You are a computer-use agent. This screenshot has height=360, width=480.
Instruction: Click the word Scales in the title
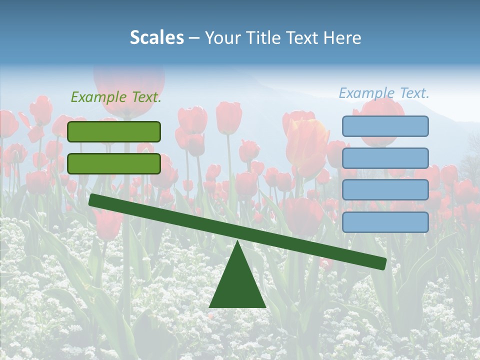click(156, 38)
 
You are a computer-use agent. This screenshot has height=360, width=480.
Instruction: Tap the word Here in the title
click(342, 38)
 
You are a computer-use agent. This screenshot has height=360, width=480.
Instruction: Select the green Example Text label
click(116, 97)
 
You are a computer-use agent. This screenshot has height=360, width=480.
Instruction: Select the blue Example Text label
click(384, 93)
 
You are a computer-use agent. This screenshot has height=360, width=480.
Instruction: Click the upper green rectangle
click(114, 131)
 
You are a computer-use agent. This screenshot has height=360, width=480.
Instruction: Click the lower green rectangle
click(114, 163)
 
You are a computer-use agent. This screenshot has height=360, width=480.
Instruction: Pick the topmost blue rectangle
click(385, 126)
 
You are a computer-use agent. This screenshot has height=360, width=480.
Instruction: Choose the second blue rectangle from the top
click(385, 158)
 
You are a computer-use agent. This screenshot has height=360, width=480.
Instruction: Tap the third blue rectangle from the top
click(385, 190)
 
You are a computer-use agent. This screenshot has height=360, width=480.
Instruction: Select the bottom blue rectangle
click(385, 222)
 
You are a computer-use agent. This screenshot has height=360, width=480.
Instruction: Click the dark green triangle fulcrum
click(237, 285)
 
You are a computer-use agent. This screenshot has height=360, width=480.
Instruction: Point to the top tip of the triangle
click(237, 243)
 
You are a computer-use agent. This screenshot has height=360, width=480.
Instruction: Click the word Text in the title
click(303, 38)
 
